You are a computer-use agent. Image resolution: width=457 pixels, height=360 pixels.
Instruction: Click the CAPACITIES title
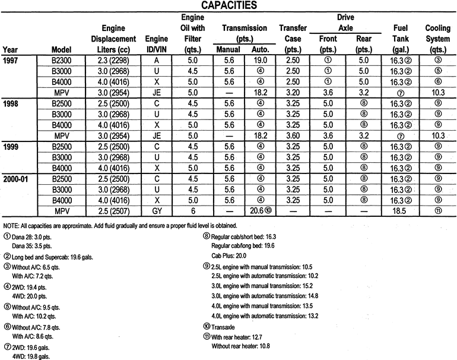coord(228,6)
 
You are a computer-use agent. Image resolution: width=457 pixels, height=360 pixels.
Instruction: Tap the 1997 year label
coord(11,61)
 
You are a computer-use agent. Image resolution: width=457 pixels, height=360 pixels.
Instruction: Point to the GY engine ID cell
coord(155,211)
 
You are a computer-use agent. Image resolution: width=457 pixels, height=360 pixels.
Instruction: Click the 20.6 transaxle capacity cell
coord(261,211)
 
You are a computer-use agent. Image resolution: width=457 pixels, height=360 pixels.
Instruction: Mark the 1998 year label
coord(11,103)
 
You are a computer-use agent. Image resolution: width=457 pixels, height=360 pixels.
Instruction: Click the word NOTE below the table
coord(12,225)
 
